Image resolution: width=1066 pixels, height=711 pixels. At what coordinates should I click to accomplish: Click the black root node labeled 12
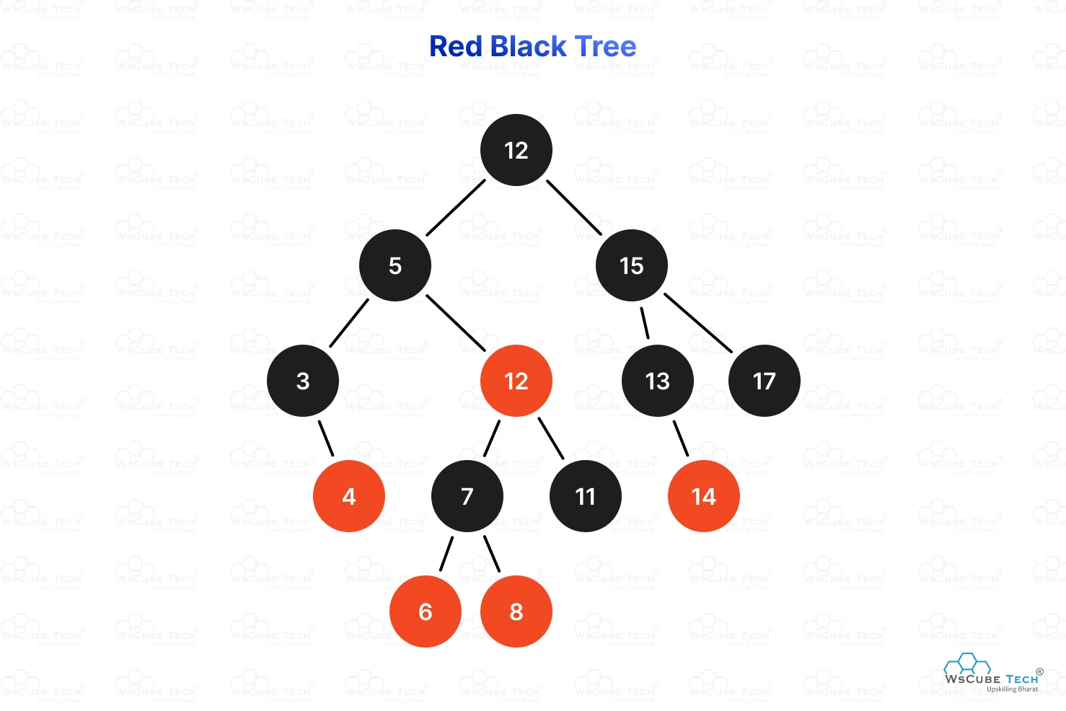516,150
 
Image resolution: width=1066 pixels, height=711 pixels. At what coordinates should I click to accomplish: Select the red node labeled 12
516,381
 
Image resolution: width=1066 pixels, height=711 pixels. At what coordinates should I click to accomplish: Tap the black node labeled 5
395,265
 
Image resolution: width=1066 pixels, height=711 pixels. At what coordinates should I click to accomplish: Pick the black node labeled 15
632,265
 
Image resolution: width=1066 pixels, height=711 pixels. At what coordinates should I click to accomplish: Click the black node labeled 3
303,381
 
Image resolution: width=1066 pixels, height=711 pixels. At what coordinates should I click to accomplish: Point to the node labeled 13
657,381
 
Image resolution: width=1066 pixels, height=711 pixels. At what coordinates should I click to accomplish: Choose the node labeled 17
765,381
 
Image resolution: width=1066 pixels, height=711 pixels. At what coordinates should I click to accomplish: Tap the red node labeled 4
349,496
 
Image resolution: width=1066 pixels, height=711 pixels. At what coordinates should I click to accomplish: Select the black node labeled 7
467,496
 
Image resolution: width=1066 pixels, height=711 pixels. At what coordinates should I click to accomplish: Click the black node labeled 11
586,496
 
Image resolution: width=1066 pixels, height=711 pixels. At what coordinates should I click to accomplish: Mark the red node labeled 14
704,496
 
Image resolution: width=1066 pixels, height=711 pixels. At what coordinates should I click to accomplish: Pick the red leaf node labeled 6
426,611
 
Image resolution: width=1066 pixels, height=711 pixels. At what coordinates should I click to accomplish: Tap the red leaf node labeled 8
516,611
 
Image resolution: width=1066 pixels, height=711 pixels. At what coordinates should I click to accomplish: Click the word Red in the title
456,47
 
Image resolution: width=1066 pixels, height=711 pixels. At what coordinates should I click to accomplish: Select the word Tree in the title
606,47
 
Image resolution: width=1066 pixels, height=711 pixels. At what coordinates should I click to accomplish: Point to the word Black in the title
528,47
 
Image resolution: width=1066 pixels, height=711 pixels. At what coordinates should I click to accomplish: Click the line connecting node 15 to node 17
698,323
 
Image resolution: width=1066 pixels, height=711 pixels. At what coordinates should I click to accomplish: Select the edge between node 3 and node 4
326,438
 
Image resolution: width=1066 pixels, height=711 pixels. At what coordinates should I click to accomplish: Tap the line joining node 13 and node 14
681,438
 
